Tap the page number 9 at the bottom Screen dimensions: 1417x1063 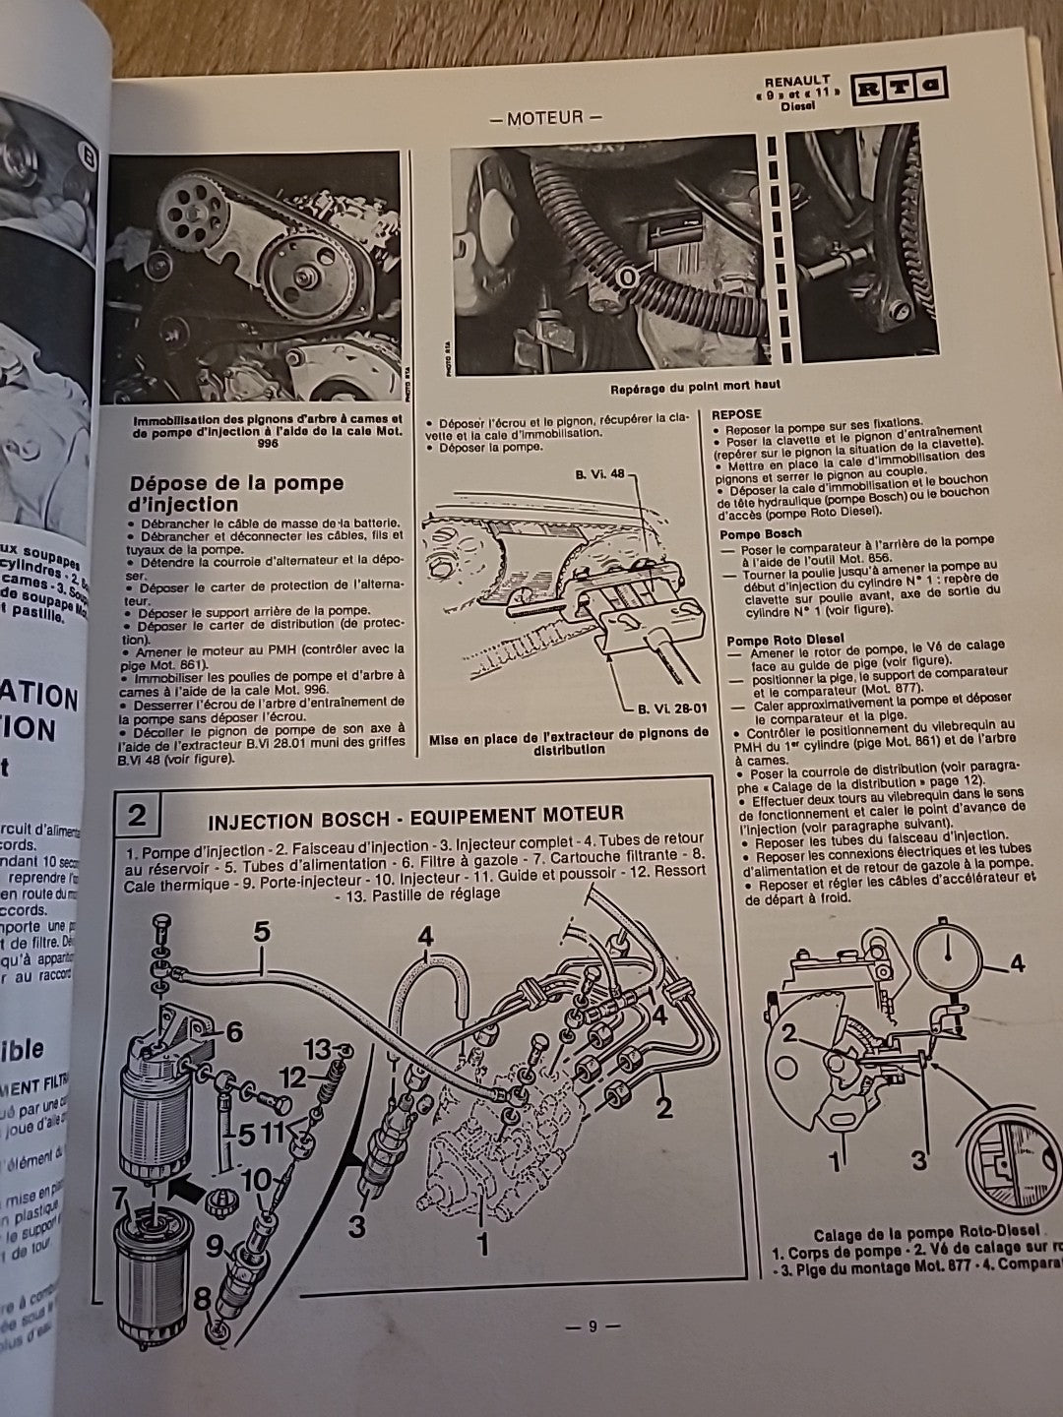pyautogui.click(x=592, y=1325)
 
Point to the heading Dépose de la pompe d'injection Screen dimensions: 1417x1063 pyautogui.click(x=236, y=492)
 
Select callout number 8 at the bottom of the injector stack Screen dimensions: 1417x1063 pyautogui.click(x=203, y=1299)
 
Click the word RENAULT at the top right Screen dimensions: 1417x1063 pyautogui.click(x=797, y=80)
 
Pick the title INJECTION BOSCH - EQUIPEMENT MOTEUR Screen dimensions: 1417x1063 pyautogui.click(x=415, y=814)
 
